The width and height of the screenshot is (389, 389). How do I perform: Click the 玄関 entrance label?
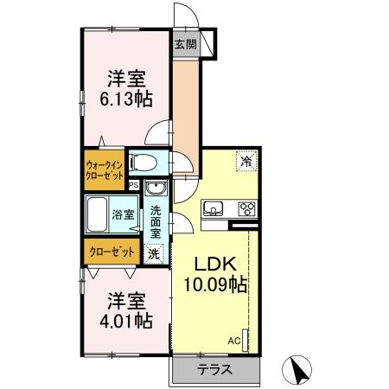[x=184, y=45]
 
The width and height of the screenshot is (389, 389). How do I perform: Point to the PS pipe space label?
[x=133, y=185]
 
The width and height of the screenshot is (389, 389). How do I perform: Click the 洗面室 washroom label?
[x=155, y=221]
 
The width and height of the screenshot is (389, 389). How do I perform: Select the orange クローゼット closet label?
[x=111, y=252]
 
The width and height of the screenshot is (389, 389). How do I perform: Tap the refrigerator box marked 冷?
[x=246, y=160]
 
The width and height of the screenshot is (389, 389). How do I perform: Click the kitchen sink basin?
[x=214, y=208]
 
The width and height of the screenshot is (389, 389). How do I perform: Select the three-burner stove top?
[x=246, y=207]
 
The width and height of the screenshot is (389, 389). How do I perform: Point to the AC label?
[x=233, y=341]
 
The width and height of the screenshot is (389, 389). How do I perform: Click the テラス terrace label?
[x=214, y=372]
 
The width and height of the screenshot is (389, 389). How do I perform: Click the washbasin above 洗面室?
[x=155, y=190]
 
